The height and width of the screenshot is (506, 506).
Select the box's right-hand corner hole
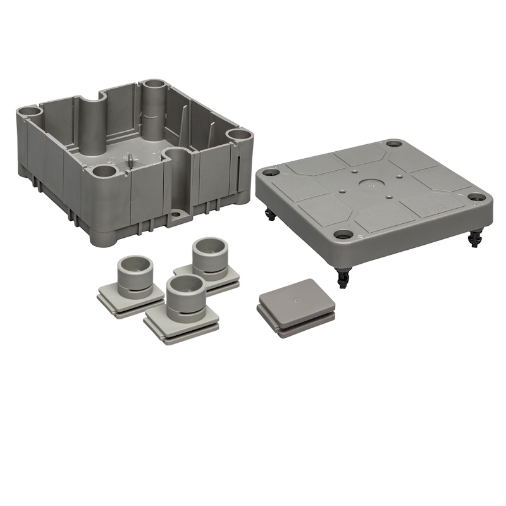(x=239, y=135)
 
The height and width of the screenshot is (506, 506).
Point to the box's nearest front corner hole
(x=104, y=170)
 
